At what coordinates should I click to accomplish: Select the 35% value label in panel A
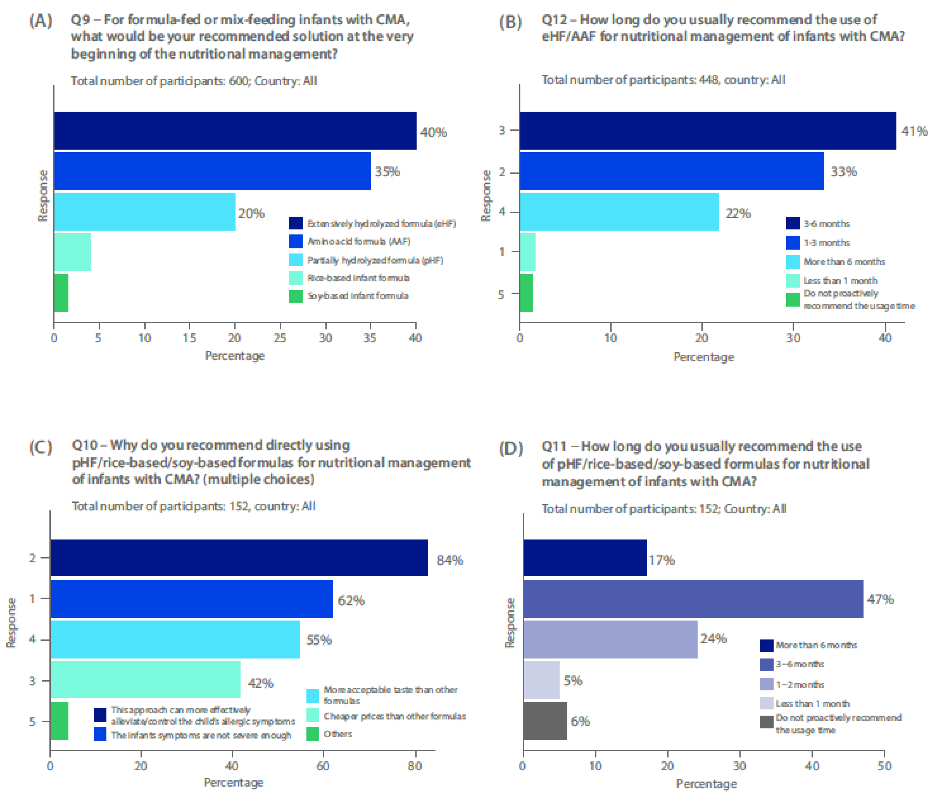click(x=387, y=172)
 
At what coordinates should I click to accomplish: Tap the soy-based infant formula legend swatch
click(x=296, y=296)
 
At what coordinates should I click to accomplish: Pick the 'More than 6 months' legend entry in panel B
click(x=844, y=262)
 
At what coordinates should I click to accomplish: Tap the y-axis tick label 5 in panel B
click(x=501, y=295)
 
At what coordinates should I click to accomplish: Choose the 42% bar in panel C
click(x=145, y=679)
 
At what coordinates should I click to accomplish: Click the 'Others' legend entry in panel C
click(x=337, y=734)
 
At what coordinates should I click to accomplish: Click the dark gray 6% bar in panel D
click(x=545, y=721)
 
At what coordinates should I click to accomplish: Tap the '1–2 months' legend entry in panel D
click(x=800, y=684)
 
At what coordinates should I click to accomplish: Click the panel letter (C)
click(x=41, y=447)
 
